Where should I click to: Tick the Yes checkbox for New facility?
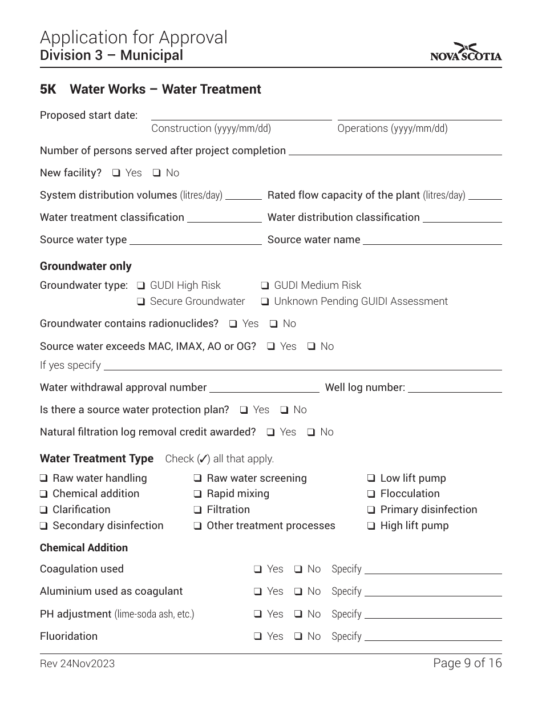[x=116, y=173]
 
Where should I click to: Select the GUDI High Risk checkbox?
[x=141, y=285]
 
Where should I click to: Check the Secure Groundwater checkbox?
[x=141, y=301]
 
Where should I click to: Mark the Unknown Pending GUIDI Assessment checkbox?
[x=265, y=301]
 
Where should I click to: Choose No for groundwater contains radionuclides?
[x=274, y=324]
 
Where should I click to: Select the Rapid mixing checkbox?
[x=198, y=494]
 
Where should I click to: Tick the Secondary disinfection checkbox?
[x=44, y=526]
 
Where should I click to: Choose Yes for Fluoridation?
[x=258, y=636]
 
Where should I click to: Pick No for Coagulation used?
[x=298, y=569]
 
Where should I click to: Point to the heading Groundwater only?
[x=86, y=267]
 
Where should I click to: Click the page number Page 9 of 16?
[x=467, y=663]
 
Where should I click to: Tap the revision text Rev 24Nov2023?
[x=77, y=663]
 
